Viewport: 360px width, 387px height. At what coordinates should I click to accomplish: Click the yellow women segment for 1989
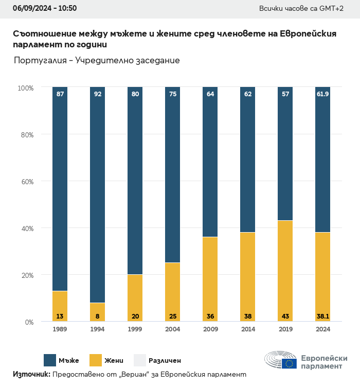coord(60,306)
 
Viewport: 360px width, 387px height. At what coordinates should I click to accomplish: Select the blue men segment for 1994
coord(97,196)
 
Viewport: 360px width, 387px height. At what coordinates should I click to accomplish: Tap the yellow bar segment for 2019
coord(285,271)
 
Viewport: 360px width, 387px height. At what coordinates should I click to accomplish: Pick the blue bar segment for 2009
coord(210,162)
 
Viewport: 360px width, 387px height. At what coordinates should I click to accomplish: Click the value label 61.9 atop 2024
coord(322,94)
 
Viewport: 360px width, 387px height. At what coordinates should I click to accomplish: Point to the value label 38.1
coord(322,316)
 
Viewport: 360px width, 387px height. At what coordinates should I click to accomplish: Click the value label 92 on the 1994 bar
coord(97,94)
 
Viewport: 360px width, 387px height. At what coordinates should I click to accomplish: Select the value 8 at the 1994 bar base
coord(97,316)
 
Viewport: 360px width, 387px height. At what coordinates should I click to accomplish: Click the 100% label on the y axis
coord(25,88)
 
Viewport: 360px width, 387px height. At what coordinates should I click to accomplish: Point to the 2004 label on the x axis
coord(172,329)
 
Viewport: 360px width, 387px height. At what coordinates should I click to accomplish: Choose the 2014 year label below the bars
coord(247,329)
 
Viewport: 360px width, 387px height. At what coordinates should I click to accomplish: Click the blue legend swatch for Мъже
coord(50,360)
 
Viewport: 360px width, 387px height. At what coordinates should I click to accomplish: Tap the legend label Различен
coord(165,361)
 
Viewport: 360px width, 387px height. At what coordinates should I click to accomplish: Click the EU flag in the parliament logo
coord(289,364)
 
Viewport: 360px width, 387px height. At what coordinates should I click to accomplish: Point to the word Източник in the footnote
coord(31,374)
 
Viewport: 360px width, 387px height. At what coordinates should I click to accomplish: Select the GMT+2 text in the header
coord(332,8)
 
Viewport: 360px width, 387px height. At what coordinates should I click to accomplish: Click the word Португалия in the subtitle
coord(41,61)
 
